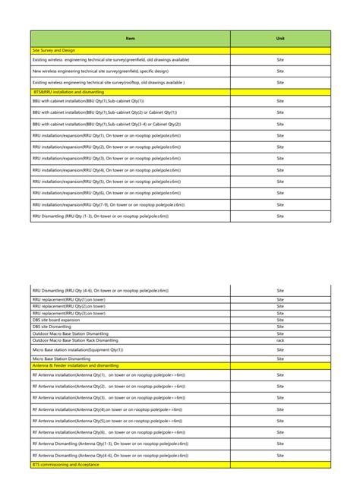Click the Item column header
click(130, 38)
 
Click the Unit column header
click(280, 38)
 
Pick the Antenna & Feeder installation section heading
click(75, 365)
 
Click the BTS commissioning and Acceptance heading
click(66, 463)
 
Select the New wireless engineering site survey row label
click(100, 71)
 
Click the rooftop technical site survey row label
click(109, 82)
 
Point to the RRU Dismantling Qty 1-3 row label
click(100, 216)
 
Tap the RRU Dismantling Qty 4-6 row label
click(100, 290)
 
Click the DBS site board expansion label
click(55, 320)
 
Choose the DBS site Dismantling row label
click(52, 327)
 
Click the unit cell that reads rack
click(280, 340)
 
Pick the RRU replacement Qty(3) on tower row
click(69, 313)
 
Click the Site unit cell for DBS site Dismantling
click(280, 327)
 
